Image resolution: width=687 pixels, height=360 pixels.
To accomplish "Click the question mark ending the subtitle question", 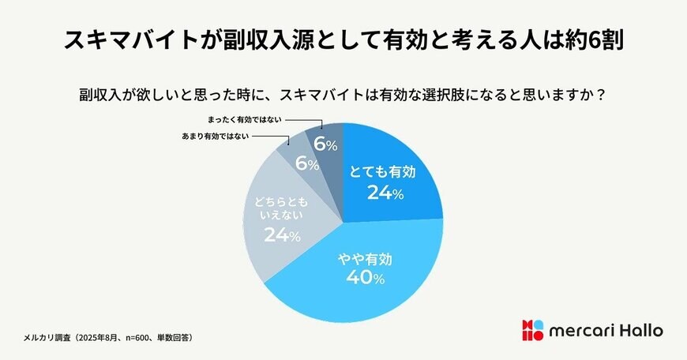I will pyautogui.click(x=602, y=94).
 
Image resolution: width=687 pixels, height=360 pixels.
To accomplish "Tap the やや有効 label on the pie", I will pyautogui.click(x=364, y=258).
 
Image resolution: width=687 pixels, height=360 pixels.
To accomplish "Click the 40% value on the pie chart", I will pyautogui.click(x=364, y=278).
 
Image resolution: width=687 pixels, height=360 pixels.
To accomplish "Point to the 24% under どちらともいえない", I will pyautogui.click(x=282, y=235).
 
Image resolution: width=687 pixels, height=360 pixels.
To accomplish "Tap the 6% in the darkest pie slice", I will pyautogui.click(x=325, y=144).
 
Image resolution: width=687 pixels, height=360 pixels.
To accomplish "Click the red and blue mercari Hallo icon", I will pyautogui.click(x=532, y=331).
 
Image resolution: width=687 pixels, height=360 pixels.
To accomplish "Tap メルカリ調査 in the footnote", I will pyautogui.click(x=47, y=337).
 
